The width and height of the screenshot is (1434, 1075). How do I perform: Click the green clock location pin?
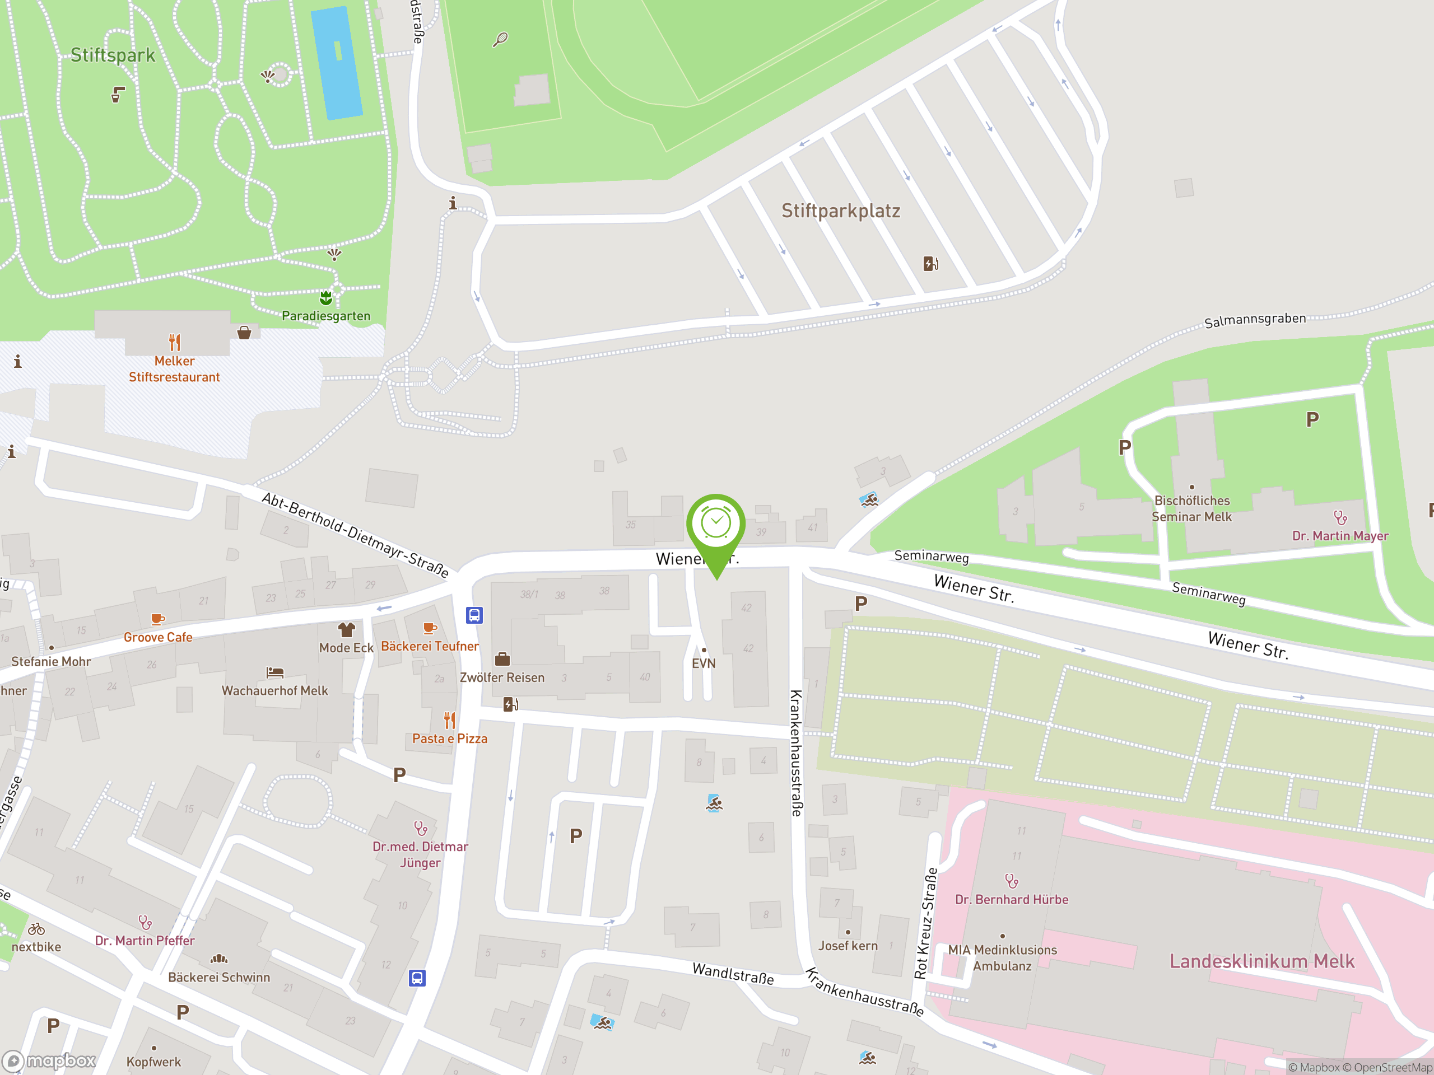(716, 525)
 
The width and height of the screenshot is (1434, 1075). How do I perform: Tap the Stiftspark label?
(112, 55)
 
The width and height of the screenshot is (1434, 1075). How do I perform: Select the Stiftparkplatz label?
(840, 211)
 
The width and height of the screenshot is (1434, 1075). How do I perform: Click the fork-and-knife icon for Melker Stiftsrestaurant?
(174, 342)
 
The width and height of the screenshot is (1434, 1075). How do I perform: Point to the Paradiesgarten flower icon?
(326, 297)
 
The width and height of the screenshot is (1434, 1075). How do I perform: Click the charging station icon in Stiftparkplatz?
(930, 263)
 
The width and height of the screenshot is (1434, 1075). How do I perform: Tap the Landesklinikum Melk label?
(1261, 961)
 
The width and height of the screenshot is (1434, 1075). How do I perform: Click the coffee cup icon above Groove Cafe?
(157, 619)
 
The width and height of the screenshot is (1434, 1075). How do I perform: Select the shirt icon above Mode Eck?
(346, 629)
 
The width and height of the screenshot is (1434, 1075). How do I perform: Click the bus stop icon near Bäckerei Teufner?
(474, 615)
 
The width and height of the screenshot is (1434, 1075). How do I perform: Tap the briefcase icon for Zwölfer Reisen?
(502, 660)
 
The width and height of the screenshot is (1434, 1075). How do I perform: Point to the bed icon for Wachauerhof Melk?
(275, 672)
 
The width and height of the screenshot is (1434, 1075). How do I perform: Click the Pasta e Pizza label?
(449, 739)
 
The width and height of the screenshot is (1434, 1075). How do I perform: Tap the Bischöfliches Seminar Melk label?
(1191, 508)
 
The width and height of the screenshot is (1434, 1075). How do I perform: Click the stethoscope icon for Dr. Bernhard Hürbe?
(1011, 881)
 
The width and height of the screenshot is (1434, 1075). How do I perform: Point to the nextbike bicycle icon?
(36, 929)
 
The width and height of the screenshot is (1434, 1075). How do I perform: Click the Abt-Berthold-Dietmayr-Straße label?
(355, 535)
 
